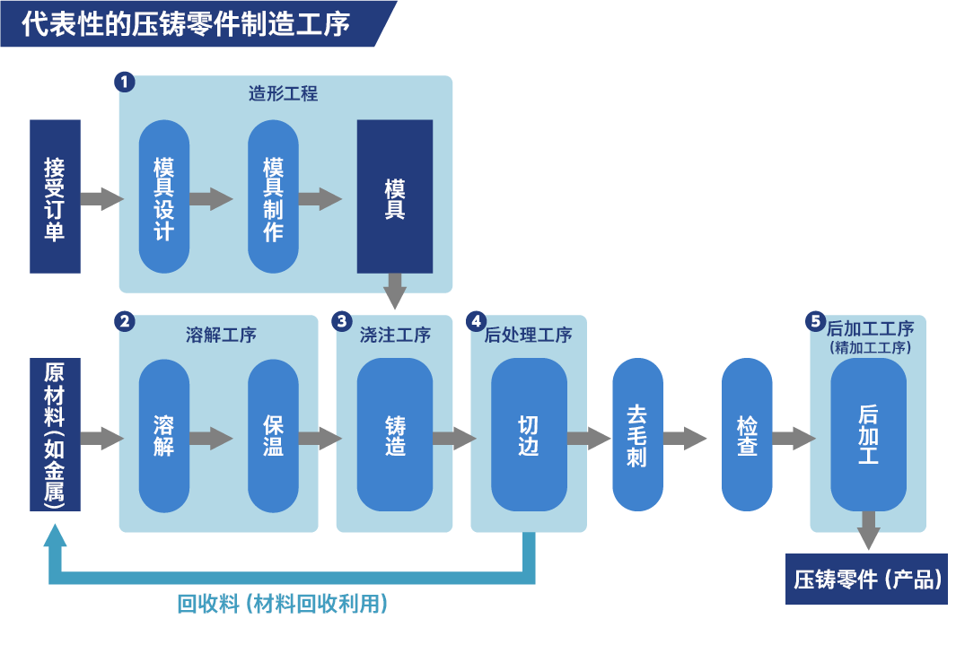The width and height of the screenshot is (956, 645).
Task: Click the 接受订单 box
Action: pos(55,196)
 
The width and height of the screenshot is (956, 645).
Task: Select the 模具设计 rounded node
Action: pos(164,196)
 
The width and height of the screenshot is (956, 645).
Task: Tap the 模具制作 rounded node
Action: pos(273,196)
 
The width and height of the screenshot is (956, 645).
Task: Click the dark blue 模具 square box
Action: pos(395,196)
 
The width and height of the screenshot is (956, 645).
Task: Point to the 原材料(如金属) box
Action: pos(55,435)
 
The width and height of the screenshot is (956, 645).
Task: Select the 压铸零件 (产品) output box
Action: pos(867,580)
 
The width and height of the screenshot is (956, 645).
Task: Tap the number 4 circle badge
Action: pos(476,320)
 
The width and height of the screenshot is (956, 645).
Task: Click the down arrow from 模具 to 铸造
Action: pos(395,292)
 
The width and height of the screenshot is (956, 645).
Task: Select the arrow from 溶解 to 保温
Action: pos(212,438)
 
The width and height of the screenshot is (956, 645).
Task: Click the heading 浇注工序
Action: pos(395,336)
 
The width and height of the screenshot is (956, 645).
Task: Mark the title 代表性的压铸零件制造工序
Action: pos(187,23)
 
